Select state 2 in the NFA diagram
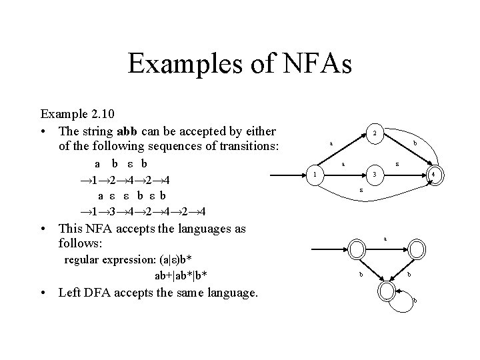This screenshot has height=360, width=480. (x=375, y=133)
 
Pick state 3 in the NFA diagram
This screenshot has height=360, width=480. (x=375, y=175)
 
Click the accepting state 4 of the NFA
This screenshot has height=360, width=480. (x=433, y=175)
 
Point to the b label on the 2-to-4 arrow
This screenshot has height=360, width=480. (x=415, y=143)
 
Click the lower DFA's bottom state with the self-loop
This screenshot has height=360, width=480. (x=386, y=290)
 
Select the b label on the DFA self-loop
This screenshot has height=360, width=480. (x=415, y=300)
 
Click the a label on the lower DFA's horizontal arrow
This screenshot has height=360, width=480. (x=385, y=238)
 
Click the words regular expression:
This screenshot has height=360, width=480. (x=103, y=259)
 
